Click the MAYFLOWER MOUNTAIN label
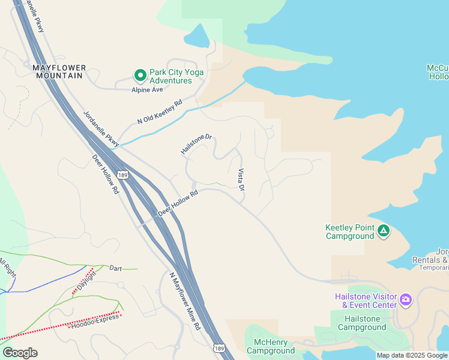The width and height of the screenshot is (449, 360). tap(59, 71)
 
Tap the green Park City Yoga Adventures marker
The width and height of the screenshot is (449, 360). tap(140, 76)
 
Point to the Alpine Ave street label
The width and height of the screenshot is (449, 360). tap(148, 90)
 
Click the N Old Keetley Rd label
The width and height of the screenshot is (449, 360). tap(160, 112)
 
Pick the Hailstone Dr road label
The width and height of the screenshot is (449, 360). tap(197, 145)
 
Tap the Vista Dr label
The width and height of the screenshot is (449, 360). tap(241, 179)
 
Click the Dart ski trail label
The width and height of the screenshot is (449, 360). tap(116, 268)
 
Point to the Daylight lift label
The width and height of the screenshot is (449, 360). tap(86, 280)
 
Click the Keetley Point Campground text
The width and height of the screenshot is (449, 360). tap(350, 232)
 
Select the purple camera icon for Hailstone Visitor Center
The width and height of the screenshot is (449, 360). tap(406, 299)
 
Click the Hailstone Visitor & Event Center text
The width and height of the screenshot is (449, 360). tap(366, 301)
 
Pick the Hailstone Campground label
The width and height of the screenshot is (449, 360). tap(362, 323)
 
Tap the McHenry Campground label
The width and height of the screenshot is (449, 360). tap(271, 346)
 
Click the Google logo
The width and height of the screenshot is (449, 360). tap(20, 353)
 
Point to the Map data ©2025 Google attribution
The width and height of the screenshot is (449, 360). tap(411, 355)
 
